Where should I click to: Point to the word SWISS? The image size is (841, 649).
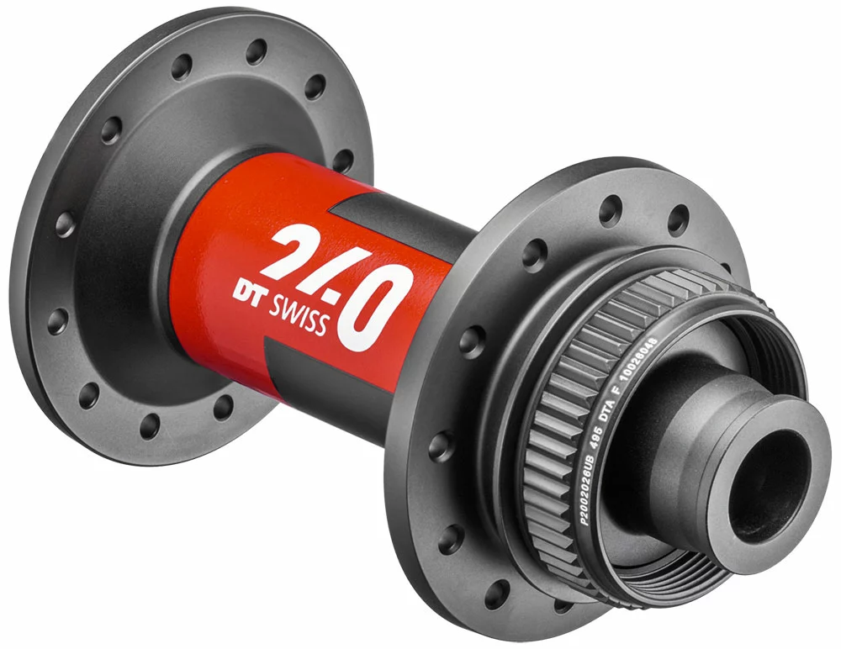pos(299,316)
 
